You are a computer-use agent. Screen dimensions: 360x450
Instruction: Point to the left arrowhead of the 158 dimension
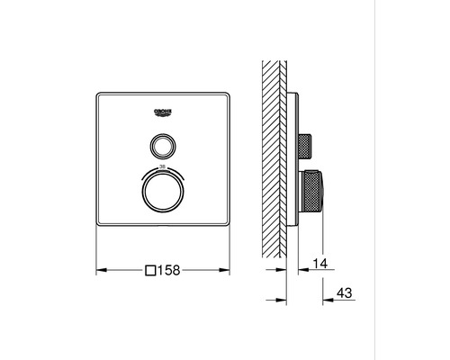[x=98, y=268]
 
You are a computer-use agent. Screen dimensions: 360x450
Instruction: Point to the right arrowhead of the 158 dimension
[x=228, y=268]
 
